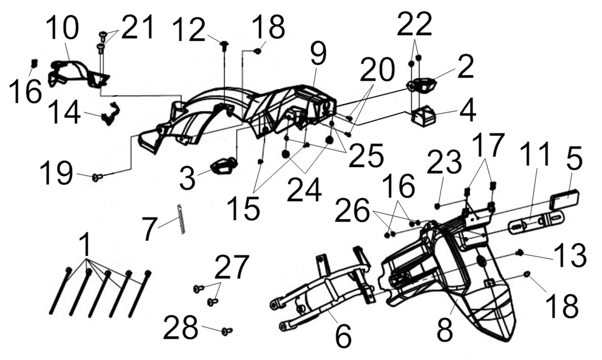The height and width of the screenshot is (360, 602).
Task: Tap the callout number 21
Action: (136, 29)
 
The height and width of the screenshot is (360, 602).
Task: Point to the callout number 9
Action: (318, 56)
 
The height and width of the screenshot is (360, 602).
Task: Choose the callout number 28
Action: (181, 329)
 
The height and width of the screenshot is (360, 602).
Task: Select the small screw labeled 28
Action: (226, 330)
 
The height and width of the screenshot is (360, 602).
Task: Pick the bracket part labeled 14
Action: (108, 113)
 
